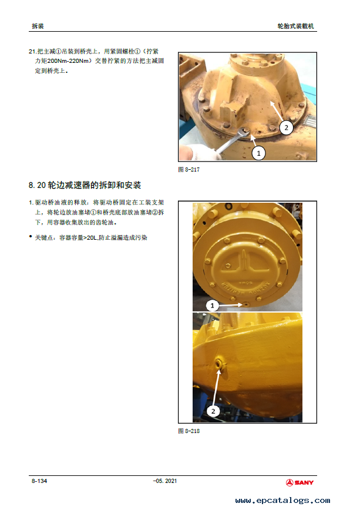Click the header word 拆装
coord(38,26)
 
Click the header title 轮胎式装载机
coord(295,26)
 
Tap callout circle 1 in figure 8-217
coord(258,153)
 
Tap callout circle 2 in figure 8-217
coord(286,127)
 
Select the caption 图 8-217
coord(189,169)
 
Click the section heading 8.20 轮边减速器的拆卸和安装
coord(85,186)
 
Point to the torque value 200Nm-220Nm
coord(68,61)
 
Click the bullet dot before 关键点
coord(31,236)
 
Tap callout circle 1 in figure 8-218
coord(213,306)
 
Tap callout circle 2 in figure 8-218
coord(213,411)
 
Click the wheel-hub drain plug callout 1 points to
coord(246,304)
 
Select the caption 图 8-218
coord(189,431)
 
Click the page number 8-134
coord(39,481)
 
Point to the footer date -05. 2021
coord(165,481)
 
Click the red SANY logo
coord(300,482)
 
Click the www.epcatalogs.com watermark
coord(282,500)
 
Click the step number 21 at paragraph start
coord(32,51)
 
